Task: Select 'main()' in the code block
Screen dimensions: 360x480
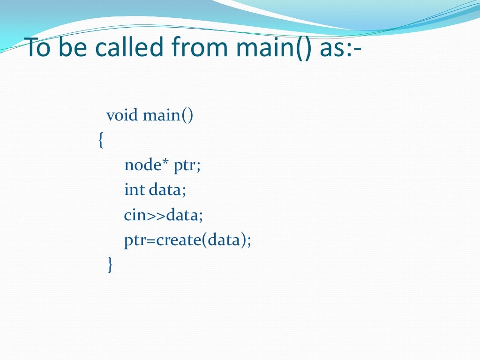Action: (x=168, y=115)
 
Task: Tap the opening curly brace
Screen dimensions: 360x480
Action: (x=100, y=140)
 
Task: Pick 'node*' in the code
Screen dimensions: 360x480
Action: (x=147, y=165)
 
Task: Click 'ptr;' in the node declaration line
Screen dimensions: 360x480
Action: (x=187, y=166)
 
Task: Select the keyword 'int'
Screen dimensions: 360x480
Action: (x=134, y=190)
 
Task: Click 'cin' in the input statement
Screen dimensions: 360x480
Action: (x=135, y=215)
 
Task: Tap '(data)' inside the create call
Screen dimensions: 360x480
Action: (x=224, y=240)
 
